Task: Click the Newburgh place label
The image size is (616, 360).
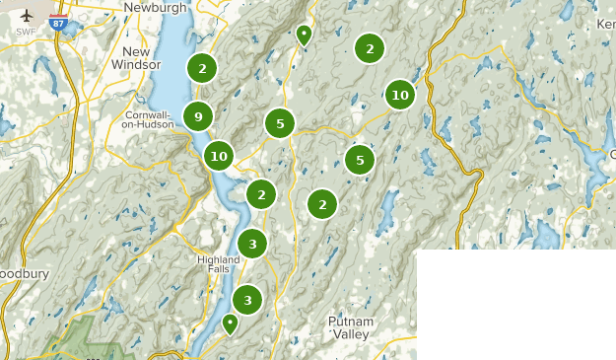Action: point(156,7)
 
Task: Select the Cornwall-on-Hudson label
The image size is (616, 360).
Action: point(147,119)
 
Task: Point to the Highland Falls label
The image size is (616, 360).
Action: point(219,264)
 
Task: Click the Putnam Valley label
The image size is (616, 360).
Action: point(351,327)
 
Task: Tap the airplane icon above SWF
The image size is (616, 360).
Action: point(26,17)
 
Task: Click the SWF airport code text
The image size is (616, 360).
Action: point(26,32)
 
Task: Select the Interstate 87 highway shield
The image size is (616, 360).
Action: point(59,24)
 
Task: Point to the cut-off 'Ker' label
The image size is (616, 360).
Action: point(605,23)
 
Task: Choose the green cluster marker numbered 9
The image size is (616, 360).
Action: point(198,117)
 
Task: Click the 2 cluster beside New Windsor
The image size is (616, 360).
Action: point(202,68)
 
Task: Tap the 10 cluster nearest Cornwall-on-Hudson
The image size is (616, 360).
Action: point(219,156)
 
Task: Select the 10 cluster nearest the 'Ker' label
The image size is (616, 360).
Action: point(399,96)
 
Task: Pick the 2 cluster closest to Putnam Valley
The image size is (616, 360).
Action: point(322,204)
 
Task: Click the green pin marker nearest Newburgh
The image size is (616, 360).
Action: point(304,36)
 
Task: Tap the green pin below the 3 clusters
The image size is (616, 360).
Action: point(231,324)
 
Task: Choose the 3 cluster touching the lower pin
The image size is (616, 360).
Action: point(247,301)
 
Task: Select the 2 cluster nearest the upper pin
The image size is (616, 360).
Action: point(370,47)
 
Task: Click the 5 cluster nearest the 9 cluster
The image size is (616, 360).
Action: point(280,123)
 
